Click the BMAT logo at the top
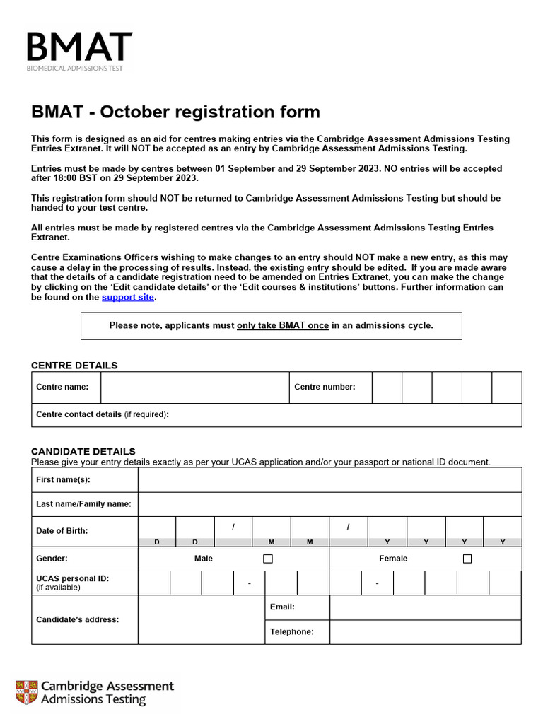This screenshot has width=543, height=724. click(x=79, y=49)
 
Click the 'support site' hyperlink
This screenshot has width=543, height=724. click(x=127, y=298)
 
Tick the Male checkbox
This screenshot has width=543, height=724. click(x=268, y=559)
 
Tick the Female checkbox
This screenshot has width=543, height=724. click(x=467, y=559)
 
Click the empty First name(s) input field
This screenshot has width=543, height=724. click(x=329, y=479)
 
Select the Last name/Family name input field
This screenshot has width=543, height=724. click(x=329, y=504)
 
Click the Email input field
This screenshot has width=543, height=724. click(x=425, y=607)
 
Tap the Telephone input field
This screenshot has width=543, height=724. click(x=425, y=632)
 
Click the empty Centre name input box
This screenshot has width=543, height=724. click(x=194, y=387)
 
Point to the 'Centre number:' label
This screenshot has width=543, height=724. click(x=325, y=387)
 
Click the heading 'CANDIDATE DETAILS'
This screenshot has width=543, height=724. click(x=83, y=452)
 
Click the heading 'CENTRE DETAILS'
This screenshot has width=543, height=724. click(x=74, y=366)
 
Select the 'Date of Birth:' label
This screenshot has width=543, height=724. click(x=62, y=531)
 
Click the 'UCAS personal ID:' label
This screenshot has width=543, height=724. click(x=72, y=578)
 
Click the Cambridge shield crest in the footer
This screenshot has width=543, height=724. click(x=26, y=693)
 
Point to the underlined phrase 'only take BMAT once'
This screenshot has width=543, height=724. click(x=283, y=326)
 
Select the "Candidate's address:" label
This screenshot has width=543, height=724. click(x=78, y=619)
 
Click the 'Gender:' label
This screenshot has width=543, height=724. click(x=52, y=559)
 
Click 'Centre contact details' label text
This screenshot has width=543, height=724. click(x=78, y=415)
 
